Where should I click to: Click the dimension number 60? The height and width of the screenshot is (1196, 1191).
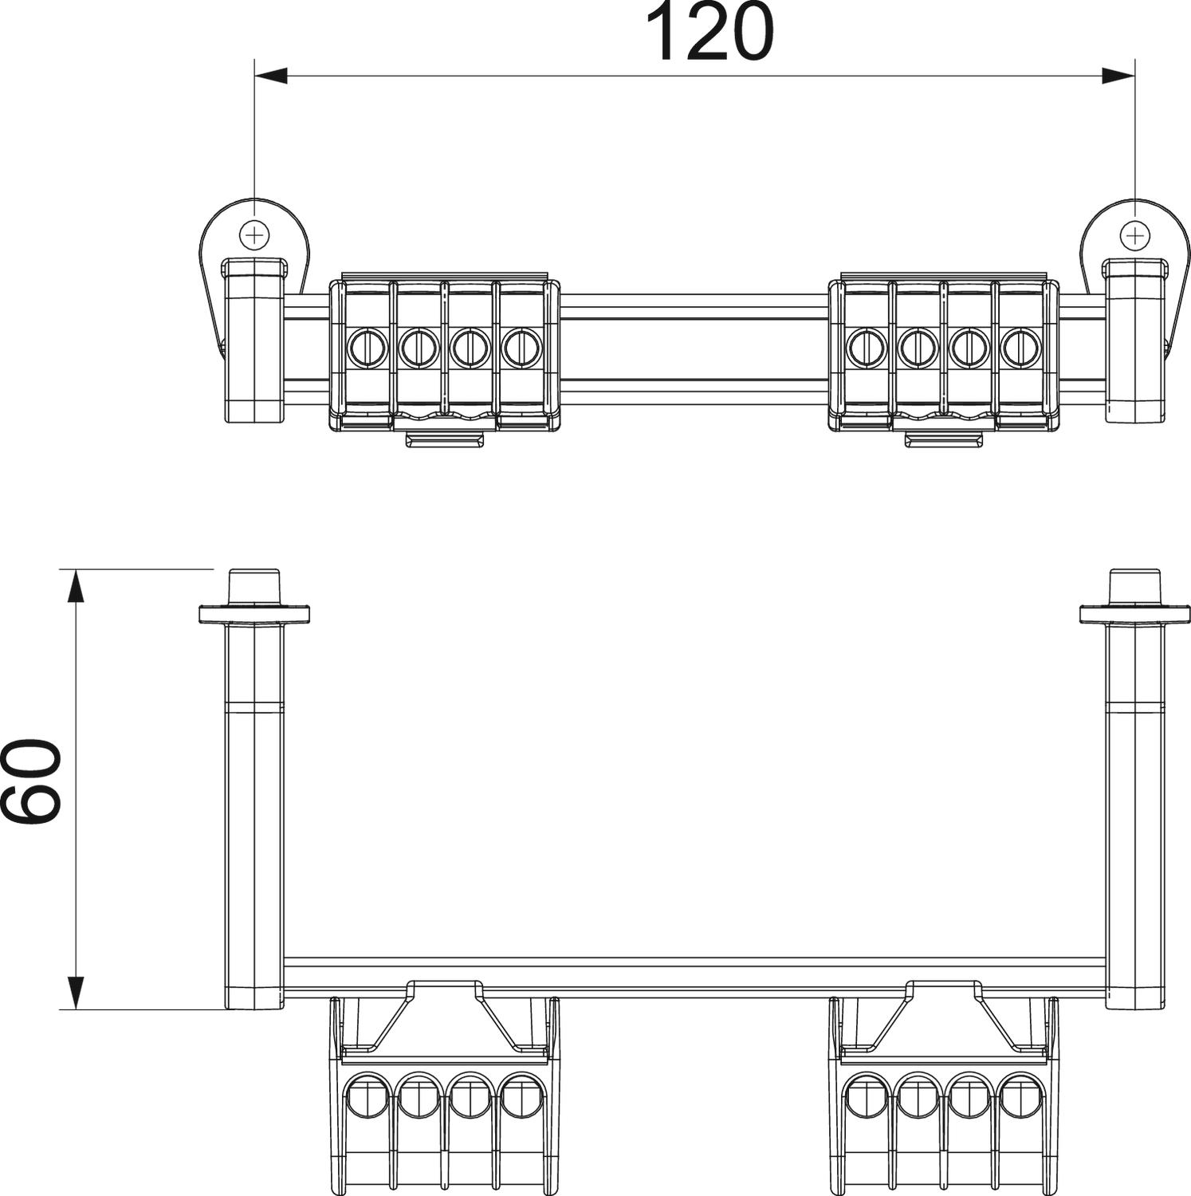(32, 781)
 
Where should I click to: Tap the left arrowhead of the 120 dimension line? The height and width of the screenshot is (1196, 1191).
(270, 76)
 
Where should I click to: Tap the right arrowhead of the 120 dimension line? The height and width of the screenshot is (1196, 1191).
(1118, 76)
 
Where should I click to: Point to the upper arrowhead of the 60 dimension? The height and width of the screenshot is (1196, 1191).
(76, 585)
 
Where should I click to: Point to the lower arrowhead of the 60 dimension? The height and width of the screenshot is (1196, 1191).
(76, 993)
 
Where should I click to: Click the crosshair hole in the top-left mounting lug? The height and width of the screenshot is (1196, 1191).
(254, 235)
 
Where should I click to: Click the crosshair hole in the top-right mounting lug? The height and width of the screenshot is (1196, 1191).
(1134, 235)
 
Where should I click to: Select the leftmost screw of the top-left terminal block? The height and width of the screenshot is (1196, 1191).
(367, 347)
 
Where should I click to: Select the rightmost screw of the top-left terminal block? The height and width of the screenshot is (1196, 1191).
(520, 347)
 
